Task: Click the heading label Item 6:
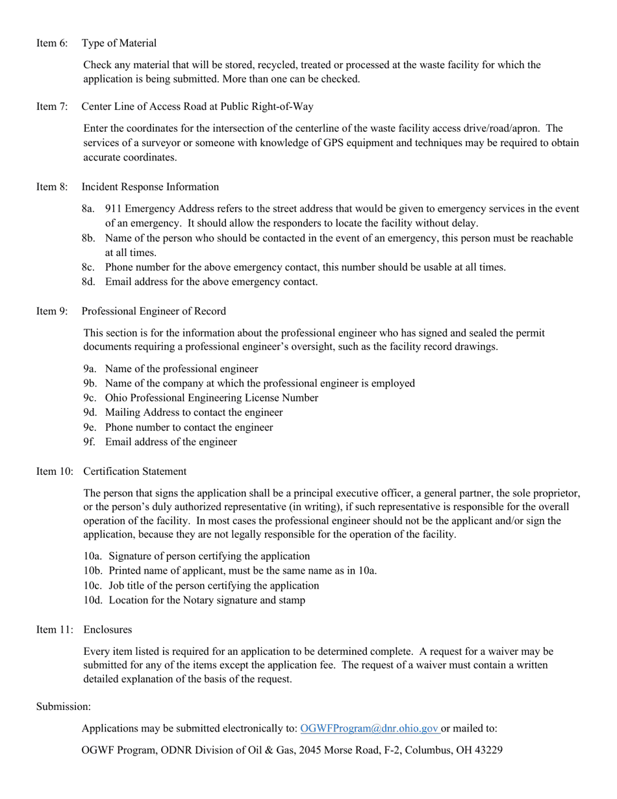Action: click(x=51, y=43)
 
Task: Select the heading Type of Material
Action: click(x=119, y=43)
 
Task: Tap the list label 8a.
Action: click(x=89, y=209)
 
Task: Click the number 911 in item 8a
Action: click(x=113, y=209)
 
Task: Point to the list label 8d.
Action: click(x=89, y=281)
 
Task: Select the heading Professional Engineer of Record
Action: click(x=154, y=311)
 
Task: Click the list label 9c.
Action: click(x=90, y=398)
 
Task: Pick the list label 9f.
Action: click(x=89, y=442)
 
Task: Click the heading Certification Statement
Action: click(x=135, y=471)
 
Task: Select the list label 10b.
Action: click(x=93, y=570)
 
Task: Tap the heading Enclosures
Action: click(x=108, y=629)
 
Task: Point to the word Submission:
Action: click(x=63, y=706)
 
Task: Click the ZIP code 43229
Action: click(x=488, y=750)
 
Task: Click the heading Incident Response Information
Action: click(x=150, y=186)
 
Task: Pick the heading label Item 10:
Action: click(x=55, y=471)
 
